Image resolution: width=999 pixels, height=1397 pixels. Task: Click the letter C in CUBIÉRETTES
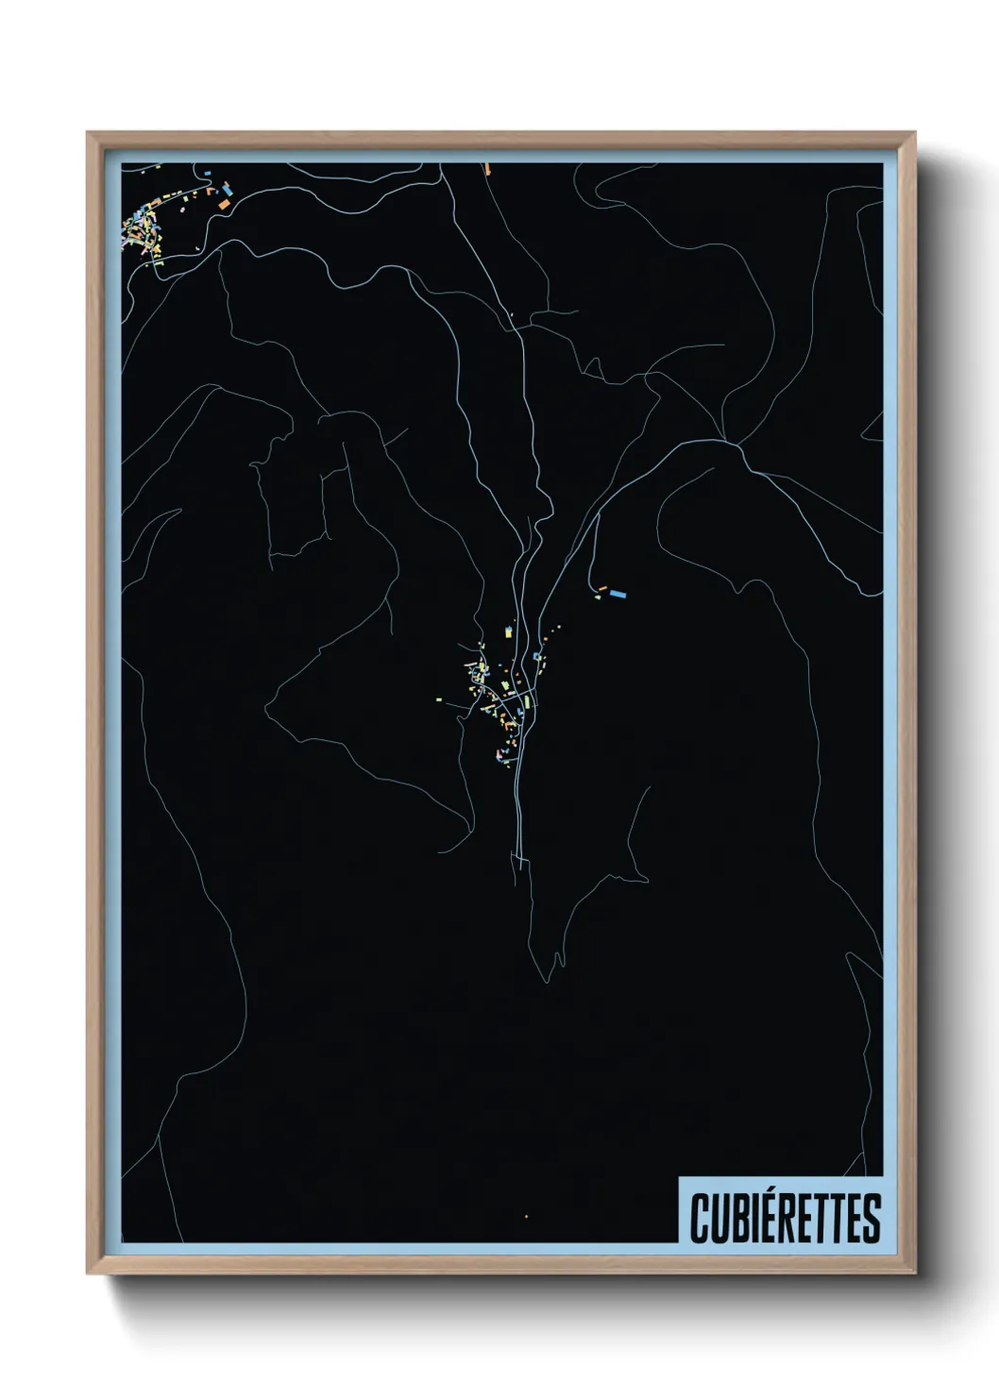700,1219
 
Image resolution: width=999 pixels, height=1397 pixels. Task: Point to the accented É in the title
766,1217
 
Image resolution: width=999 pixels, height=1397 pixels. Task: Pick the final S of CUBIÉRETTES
871,1219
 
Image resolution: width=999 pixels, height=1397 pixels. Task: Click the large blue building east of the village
618,594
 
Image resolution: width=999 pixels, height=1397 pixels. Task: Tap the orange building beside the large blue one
601,588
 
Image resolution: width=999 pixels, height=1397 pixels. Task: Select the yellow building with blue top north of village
511,629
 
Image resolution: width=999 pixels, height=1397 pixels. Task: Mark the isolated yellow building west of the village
438,699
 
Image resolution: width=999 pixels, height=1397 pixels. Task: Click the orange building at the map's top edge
487,169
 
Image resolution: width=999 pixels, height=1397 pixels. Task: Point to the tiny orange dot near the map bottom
526,1217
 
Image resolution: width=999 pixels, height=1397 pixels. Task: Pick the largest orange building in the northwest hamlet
224,202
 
